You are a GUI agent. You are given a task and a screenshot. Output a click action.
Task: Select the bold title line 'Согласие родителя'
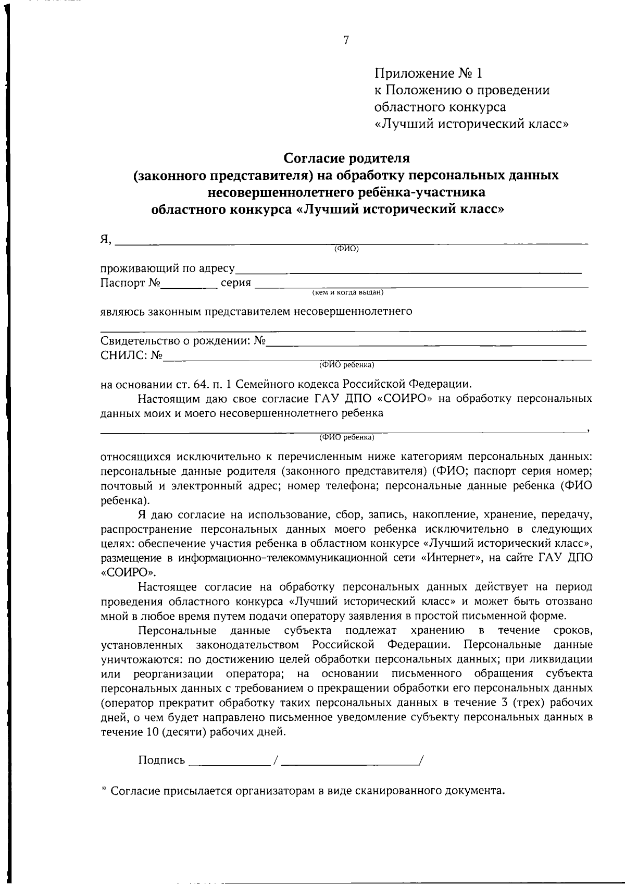click(346, 157)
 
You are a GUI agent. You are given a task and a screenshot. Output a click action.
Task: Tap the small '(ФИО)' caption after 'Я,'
click(346, 249)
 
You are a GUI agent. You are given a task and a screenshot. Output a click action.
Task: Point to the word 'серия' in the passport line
click(236, 283)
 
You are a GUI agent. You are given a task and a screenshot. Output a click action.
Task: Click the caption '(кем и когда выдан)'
click(347, 293)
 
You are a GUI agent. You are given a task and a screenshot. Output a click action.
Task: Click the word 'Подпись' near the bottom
click(161, 760)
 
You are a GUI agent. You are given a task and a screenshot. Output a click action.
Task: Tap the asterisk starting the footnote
click(104, 790)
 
